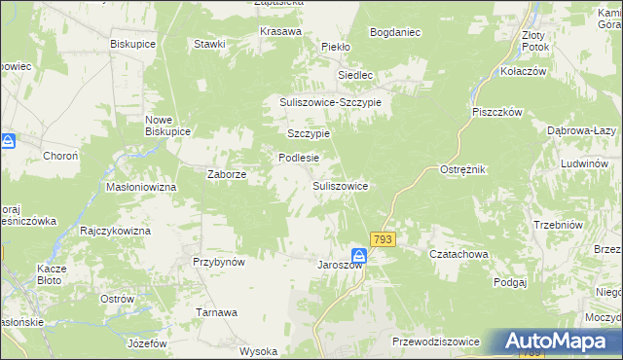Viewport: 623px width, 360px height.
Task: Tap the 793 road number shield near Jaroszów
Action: pos(383,239)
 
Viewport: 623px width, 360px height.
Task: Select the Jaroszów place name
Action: pos(340,265)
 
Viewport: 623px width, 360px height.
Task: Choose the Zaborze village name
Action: pos(228,175)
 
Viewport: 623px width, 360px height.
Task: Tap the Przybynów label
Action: pos(218,262)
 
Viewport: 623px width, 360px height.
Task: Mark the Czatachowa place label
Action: pos(458,254)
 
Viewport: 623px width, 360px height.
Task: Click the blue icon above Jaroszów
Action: pos(358,255)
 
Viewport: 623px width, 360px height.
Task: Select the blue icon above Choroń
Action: pos(8,142)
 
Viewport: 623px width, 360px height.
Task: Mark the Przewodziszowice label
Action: pos(436,342)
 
